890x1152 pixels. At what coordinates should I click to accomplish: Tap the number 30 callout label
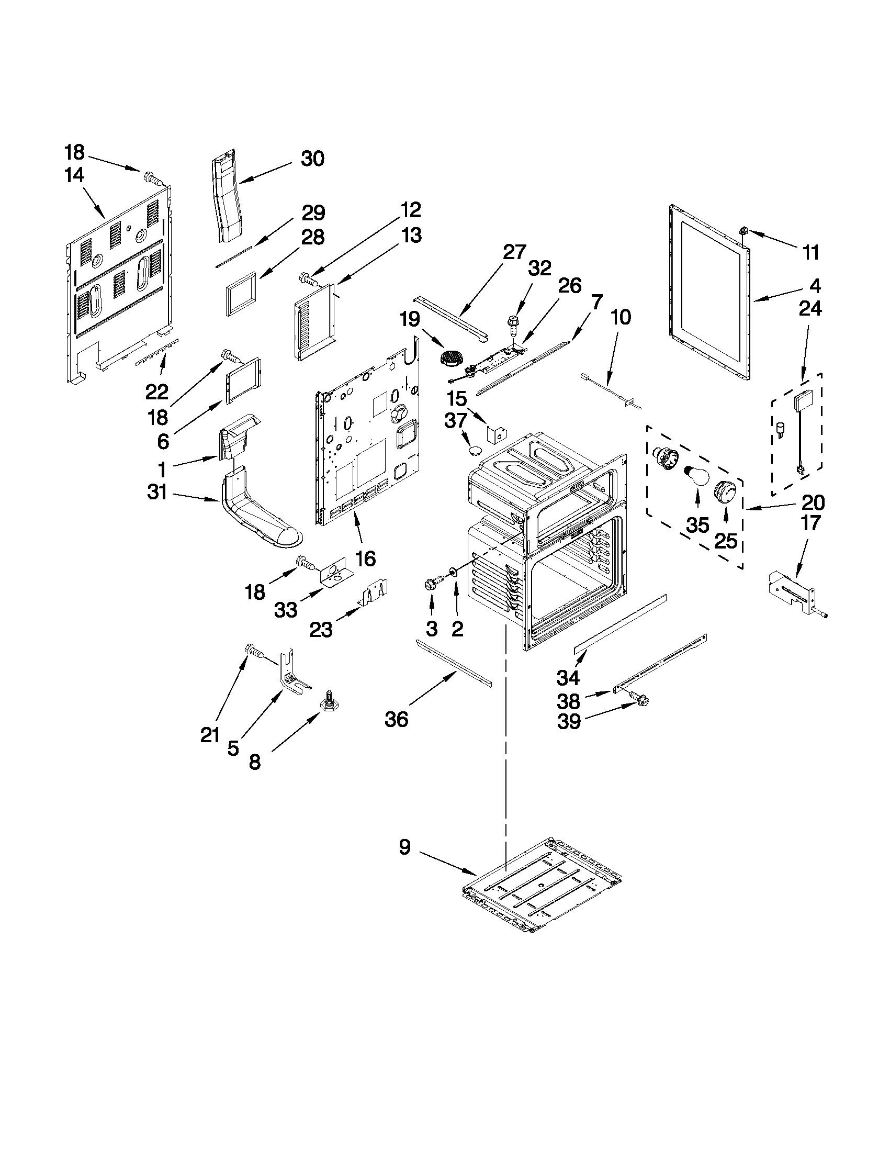312,158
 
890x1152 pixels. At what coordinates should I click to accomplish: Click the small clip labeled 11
744,231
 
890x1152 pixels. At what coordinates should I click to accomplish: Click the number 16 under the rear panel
366,558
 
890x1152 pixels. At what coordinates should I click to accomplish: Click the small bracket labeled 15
496,433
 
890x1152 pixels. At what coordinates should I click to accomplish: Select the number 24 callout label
810,309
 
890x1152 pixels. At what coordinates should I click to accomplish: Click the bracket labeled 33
332,572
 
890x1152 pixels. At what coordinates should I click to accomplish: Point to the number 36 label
396,720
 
